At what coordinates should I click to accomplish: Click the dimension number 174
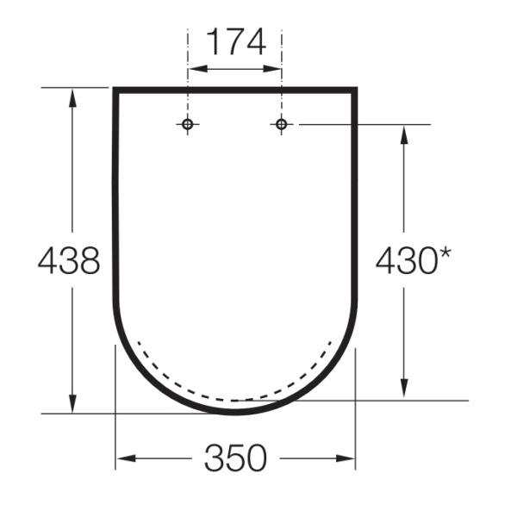236,42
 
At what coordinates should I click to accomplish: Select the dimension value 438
69,260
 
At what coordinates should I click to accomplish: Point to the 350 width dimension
235,458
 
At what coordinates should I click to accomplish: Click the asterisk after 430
445,253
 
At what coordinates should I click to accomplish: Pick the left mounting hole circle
188,124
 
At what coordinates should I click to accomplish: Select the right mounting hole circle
281,124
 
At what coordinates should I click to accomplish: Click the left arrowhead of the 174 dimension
198,69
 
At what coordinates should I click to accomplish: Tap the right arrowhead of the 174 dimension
271,69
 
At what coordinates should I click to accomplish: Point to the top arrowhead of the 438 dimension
72,97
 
